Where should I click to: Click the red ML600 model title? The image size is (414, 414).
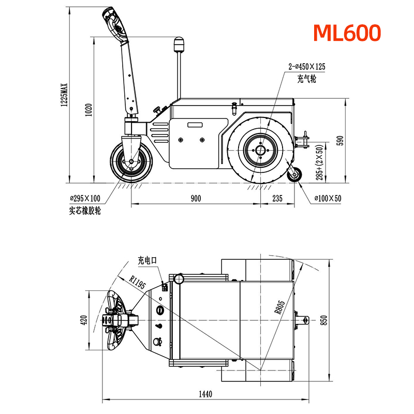(x=347, y=33)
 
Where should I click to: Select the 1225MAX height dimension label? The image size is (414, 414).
(x=64, y=95)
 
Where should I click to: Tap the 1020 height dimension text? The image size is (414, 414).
(x=88, y=110)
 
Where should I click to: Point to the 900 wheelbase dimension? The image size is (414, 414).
(x=196, y=198)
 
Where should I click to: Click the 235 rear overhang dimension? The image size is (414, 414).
(x=277, y=198)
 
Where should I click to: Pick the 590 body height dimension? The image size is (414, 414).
(x=341, y=140)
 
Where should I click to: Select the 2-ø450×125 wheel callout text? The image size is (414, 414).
(x=307, y=67)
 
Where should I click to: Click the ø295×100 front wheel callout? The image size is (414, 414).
(x=85, y=198)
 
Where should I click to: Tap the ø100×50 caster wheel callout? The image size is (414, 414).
(x=328, y=198)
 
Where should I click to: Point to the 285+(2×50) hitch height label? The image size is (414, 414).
(x=319, y=162)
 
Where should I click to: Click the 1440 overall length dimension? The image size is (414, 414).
(x=205, y=394)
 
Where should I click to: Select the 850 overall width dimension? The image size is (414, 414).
(x=324, y=320)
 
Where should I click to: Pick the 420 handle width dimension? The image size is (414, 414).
(x=84, y=320)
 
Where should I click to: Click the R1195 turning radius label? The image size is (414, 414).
(x=137, y=282)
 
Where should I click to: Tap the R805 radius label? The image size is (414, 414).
(x=279, y=307)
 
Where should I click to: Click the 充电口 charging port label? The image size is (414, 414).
(x=147, y=260)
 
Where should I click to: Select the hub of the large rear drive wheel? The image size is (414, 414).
(x=261, y=151)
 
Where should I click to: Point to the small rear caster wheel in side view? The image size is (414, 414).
(x=294, y=174)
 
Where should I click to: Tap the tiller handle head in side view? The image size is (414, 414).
(x=114, y=25)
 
